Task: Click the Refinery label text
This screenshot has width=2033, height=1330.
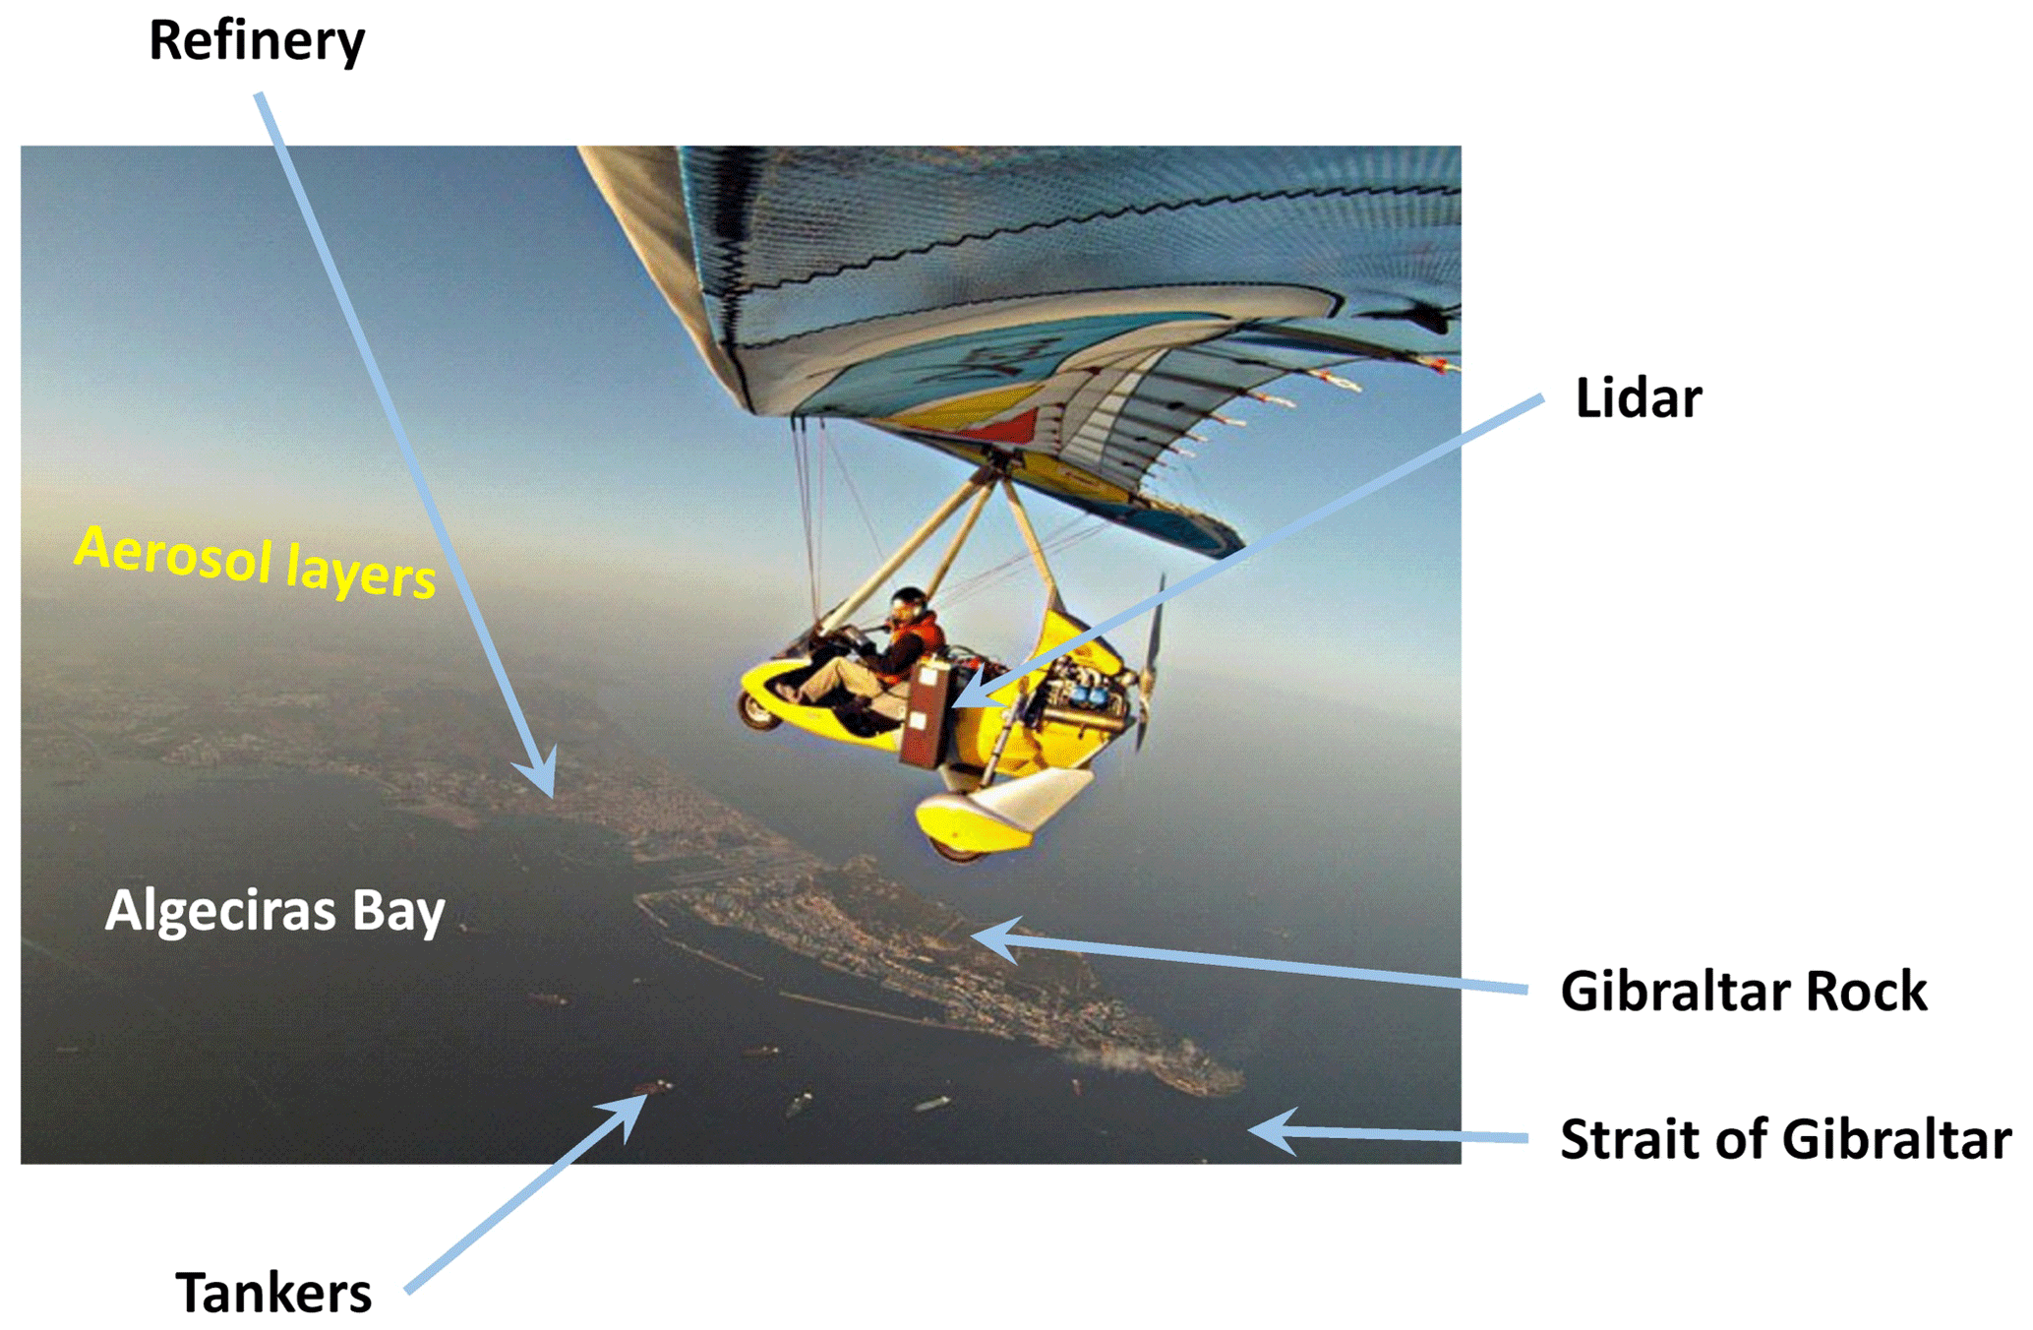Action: (257, 41)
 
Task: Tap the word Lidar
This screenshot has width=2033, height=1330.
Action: (1638, 397)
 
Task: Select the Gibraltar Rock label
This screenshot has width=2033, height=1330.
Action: (1743, 990)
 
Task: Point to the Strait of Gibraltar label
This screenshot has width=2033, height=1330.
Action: (1785, 1138)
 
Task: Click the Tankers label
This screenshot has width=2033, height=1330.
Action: (273, 1292)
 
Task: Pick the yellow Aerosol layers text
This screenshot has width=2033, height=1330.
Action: (255, 561)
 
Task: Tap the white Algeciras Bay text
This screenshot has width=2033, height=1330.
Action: (274, 911)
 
